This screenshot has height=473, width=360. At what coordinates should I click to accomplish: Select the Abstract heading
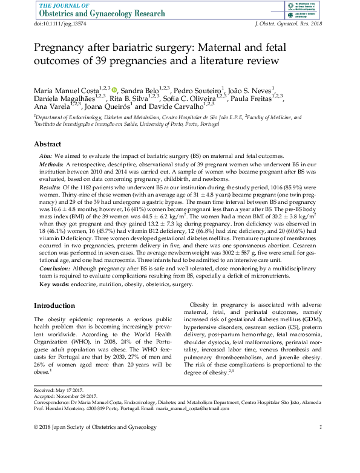pyautogui.click(x=47, y=145)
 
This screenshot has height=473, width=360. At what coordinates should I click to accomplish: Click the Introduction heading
pyautogui.click(x=54, y=305)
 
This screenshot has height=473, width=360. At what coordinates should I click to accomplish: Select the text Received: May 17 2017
pyautogui.click(x=60, y=391)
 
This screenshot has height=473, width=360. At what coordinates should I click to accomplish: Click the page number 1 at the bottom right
pyautogui.click(x=321, y=428)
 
